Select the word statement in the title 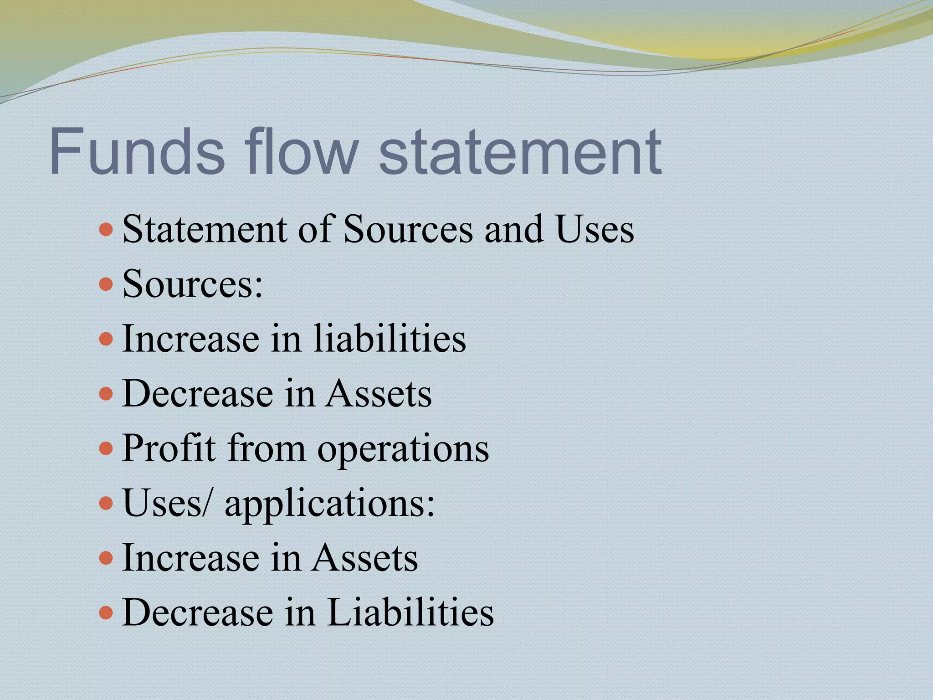pyautogui.click(x=520, y=153)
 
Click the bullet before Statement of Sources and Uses pyautogui.click(x=106, y=229)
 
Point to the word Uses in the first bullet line pyautogui.click(x=594, y=229)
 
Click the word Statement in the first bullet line pyautogui.click(x=205, y=229)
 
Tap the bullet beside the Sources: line pyautogui.click(x=106, y=284)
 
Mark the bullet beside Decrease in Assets pyautogui.click(x=106, y=393)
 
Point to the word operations pyautogui.click(x=403, y=449)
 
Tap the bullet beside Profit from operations pyautogui.click(x=106, y=448)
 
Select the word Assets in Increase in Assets pyautogui.click(x=365, y=558)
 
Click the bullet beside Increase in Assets pyautogui.click(x=106, y=558)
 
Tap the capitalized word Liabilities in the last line pyautogui.click(x=410, y=612)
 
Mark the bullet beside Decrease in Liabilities pyautogui.click(x=106, y=612)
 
